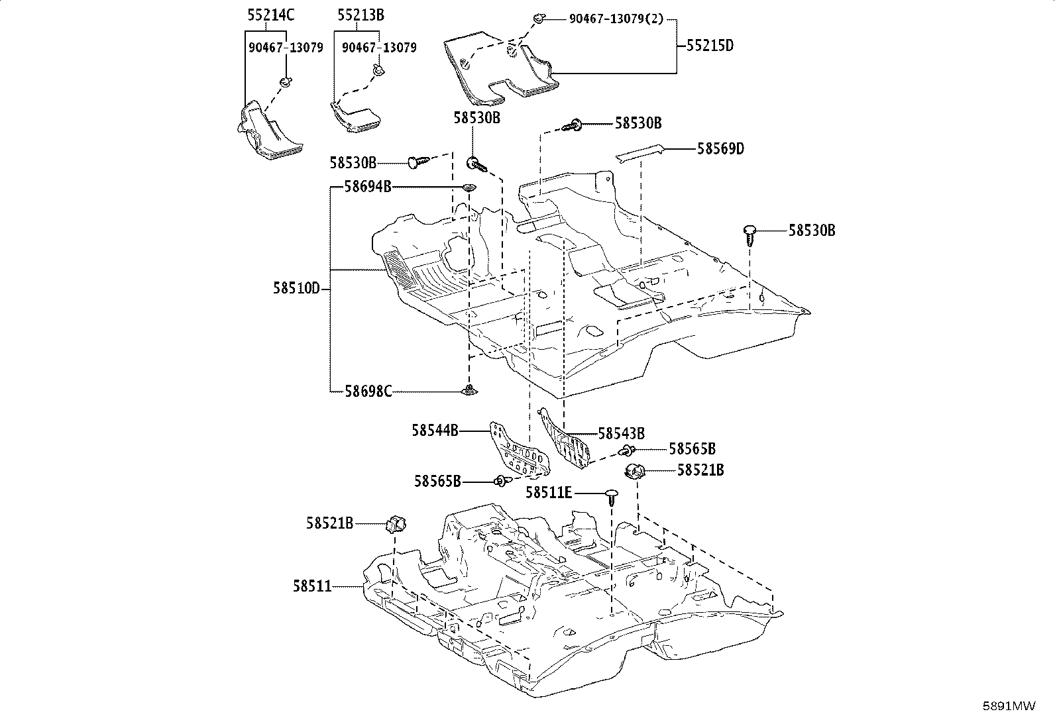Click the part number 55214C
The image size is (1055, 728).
[x=271, y=15]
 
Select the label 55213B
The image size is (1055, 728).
[x=361, y=15]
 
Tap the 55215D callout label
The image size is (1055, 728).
[x=710, y=46]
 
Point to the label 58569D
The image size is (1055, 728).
[x=720, y=149]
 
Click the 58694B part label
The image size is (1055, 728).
[x=368, y=187]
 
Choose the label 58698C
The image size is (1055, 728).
[x=368, y=391]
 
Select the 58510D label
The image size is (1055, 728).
[x=297, y=288]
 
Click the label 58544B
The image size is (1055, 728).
[x=435, y=431]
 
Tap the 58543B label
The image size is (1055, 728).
[x=622, y=433]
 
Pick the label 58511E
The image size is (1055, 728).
[x=549, y=493]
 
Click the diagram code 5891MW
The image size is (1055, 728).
[x=1009, y=706]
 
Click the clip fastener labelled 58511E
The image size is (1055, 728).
[x=612, y=497]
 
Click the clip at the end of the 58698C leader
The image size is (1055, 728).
[x=469, y=390]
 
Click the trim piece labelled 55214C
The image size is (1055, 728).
[x=268, y=131]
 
